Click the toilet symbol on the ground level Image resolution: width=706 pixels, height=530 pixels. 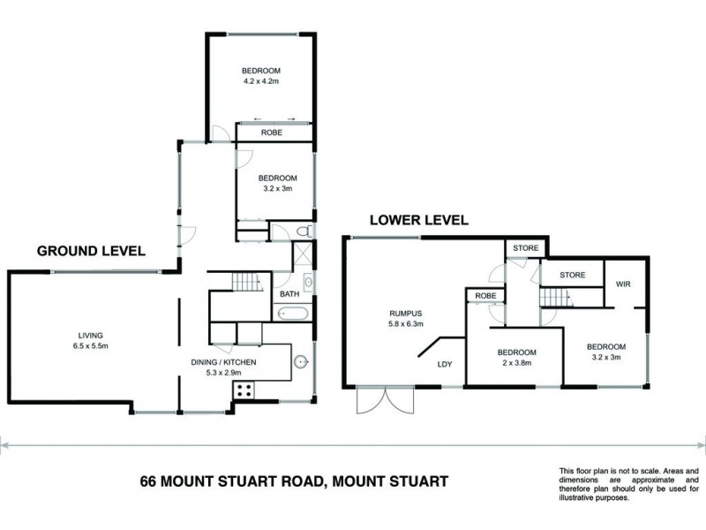click(x=303, y=231)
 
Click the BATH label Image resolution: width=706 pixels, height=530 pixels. click(x=289, y=294)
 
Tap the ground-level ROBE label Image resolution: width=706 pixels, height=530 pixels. click(x=271, y=132)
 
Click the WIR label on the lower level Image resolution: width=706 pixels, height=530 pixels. click(x=622, y=284)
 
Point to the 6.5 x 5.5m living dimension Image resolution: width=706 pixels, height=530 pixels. click(x=91, y=346)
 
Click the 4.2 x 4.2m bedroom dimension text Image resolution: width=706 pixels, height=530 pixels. click(x=261, y=82)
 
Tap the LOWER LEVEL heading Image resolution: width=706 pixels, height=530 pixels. click(x=418, y=220)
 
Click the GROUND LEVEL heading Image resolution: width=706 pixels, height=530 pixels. click(x=91, y=251)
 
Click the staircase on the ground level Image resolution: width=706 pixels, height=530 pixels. click(x=247, y=284)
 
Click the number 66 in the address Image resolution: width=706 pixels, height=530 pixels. click(x=151, y=481)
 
